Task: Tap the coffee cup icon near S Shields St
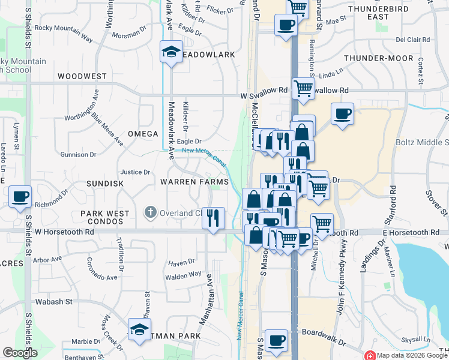(x=20, y=196)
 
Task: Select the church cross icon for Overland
(x=151, y=212)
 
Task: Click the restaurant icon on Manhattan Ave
(x=212, y=218)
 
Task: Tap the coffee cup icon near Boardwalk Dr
(x=277, y=340)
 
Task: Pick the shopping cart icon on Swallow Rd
(x=304, y=88)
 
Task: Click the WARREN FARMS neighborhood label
(x=194, y=182)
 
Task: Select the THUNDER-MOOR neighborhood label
(x=379, y=58)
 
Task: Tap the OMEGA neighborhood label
(x=142, y=134)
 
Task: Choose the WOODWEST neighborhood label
(x=82, y=77)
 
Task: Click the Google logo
(x=19, y=353)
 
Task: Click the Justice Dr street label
(x=135, y=172)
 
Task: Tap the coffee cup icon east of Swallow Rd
(x=342, y=113)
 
